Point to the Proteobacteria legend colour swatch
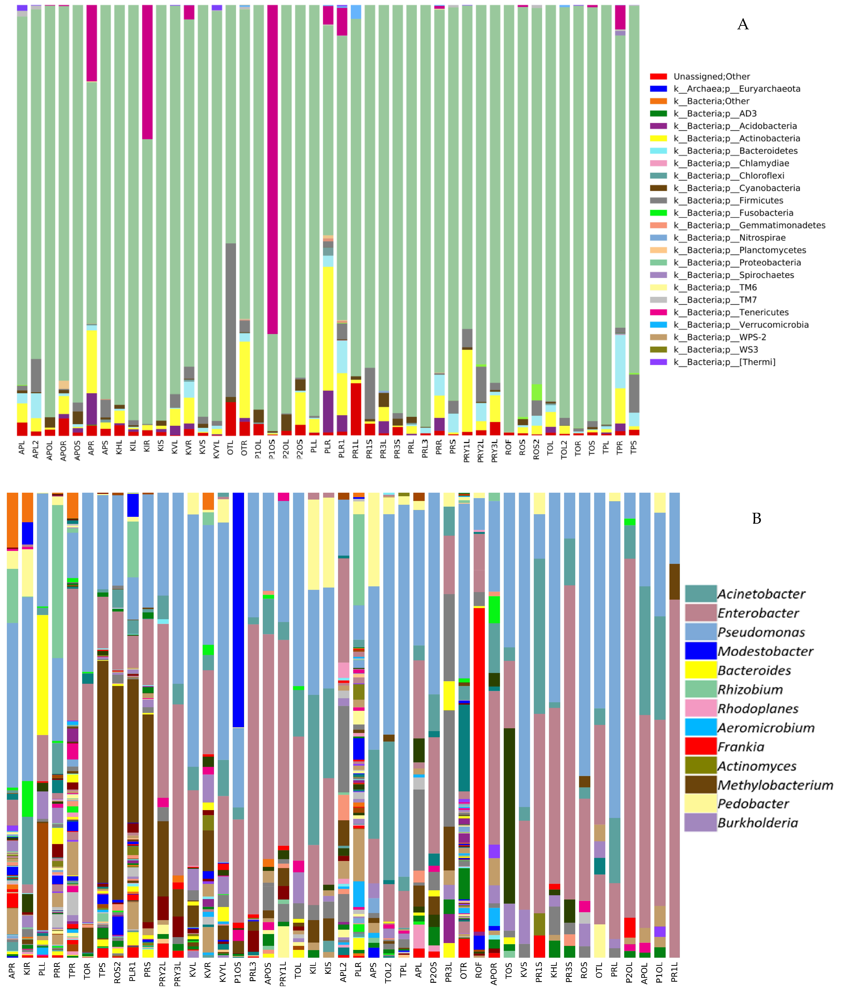click(x=658, y=263)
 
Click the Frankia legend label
click(x=741, y=747)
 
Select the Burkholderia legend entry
click(x=757, y=823)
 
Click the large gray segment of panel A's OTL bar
click(x=231, y=320)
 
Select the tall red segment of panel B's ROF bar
click(x=479, y=768)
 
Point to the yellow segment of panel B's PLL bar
click(x=42, y=675)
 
